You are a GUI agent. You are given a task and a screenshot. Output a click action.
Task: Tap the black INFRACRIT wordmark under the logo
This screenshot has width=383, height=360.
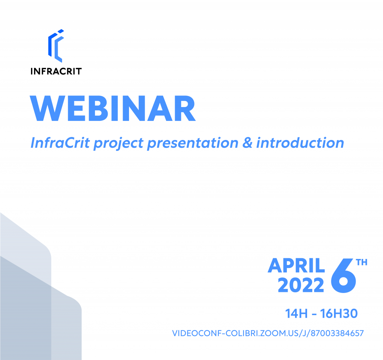[56, 71]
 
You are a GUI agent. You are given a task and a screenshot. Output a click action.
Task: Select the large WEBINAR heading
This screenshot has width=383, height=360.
[113, 108]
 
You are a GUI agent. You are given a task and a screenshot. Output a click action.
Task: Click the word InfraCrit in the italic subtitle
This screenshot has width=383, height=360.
[60, 143]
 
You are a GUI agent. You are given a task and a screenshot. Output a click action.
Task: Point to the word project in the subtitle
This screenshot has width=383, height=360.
[119, 144]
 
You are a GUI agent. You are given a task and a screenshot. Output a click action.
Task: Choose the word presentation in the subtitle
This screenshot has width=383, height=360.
[193, 144]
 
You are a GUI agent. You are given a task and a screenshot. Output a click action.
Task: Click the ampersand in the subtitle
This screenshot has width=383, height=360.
[247, 143]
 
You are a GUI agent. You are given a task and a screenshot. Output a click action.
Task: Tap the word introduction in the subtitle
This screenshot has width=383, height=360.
[300, 143]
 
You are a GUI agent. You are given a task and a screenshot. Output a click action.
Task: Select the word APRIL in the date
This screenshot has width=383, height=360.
[296, 265]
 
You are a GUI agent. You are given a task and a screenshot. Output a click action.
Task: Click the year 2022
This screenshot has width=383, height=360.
[301, 285]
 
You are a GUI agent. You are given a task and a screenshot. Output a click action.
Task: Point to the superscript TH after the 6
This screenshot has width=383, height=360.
[362, 262]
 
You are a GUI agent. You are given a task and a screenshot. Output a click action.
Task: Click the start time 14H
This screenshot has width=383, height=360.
[296, 314]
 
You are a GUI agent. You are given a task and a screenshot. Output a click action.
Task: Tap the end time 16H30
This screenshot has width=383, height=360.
[339, 314]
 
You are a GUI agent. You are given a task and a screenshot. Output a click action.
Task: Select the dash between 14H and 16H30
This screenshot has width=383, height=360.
[314, 314]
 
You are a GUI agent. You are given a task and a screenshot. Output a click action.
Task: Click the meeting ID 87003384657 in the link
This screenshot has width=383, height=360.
[337, 333]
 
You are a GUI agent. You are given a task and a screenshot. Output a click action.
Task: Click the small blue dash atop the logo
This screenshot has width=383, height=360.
[61, 31]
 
